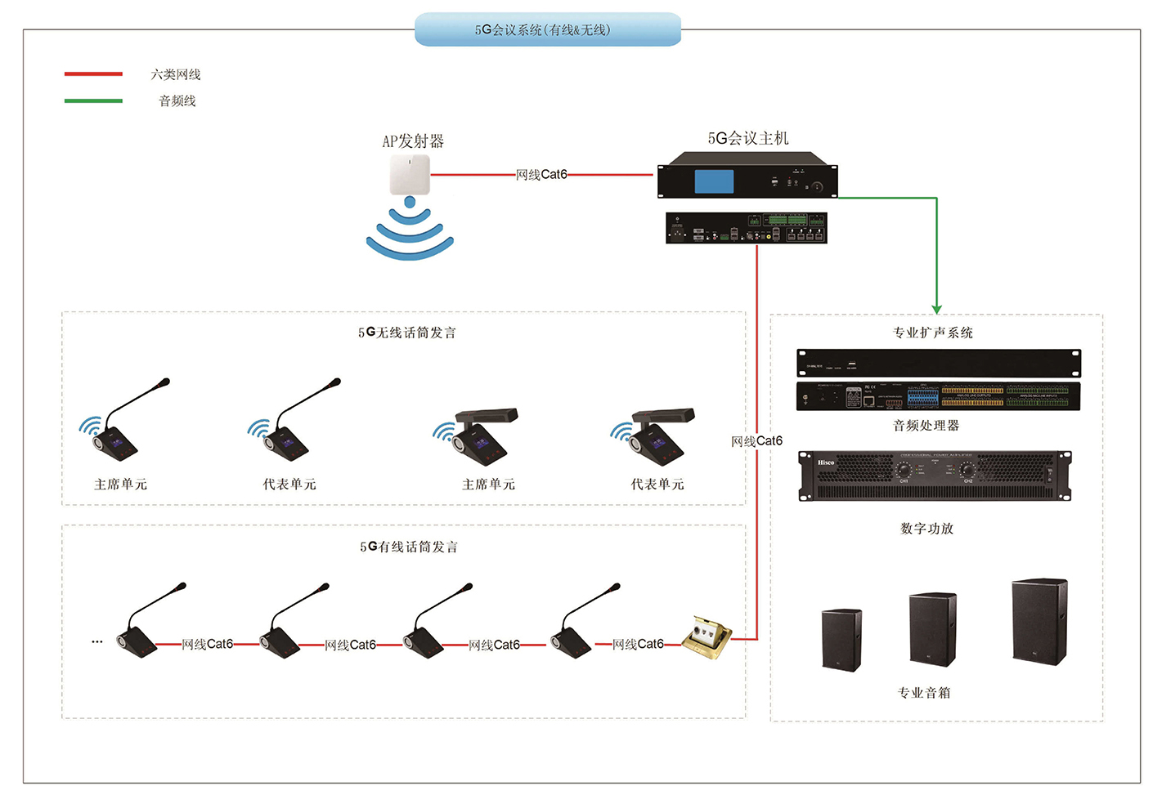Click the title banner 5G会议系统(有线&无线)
point(547,29)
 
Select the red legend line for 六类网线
point(93,74)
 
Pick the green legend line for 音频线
point(93,100)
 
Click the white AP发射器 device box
point(410,174)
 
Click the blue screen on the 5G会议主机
point(714,181)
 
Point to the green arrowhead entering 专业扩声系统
point(936,308)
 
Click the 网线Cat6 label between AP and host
point(541,174)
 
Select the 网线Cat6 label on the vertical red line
point(757,441)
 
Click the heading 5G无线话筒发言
point(407,333)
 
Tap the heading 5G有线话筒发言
point(409,547)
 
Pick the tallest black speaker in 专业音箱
point(1039,621)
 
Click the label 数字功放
point(926,529)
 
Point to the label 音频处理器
point(926,425)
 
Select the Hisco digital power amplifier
point(935,475)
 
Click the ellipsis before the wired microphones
point(97,642)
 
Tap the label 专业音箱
point(924,693)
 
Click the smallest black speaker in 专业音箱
point(841,640)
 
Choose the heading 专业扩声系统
point(933,333)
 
